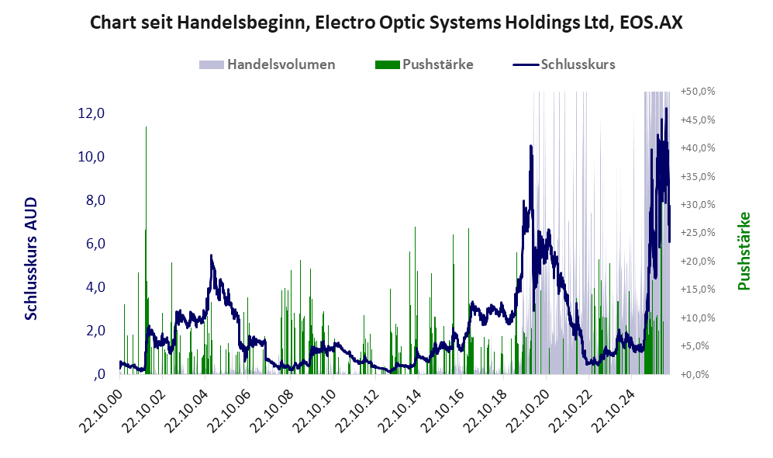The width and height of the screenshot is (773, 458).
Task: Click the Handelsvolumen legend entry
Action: pyautogui.click(x=267, y=64)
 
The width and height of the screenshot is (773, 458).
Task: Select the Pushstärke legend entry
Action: pyautogui.click(x=424, y=64)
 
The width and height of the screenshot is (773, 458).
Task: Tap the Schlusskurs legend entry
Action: pyautogui.click(x=564, y=64)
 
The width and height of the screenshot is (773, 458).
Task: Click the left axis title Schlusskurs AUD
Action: pyautogui.click(x=31, y=258)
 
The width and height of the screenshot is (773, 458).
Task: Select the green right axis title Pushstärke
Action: pyautogui.click(x=744, y=251)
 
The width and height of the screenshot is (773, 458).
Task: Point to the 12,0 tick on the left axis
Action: pyautogui.click(x=91, y=113)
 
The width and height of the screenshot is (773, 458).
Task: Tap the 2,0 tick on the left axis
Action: pyautogui.click(x=95, y=331)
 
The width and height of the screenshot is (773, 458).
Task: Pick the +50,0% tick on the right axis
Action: pyautogui.click(x=698, y=92)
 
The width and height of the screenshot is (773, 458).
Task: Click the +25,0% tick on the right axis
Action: pyautogui.click(x=698, y=232)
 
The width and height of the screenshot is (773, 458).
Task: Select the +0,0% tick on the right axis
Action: pyautogui.click(x=698, y=374)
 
